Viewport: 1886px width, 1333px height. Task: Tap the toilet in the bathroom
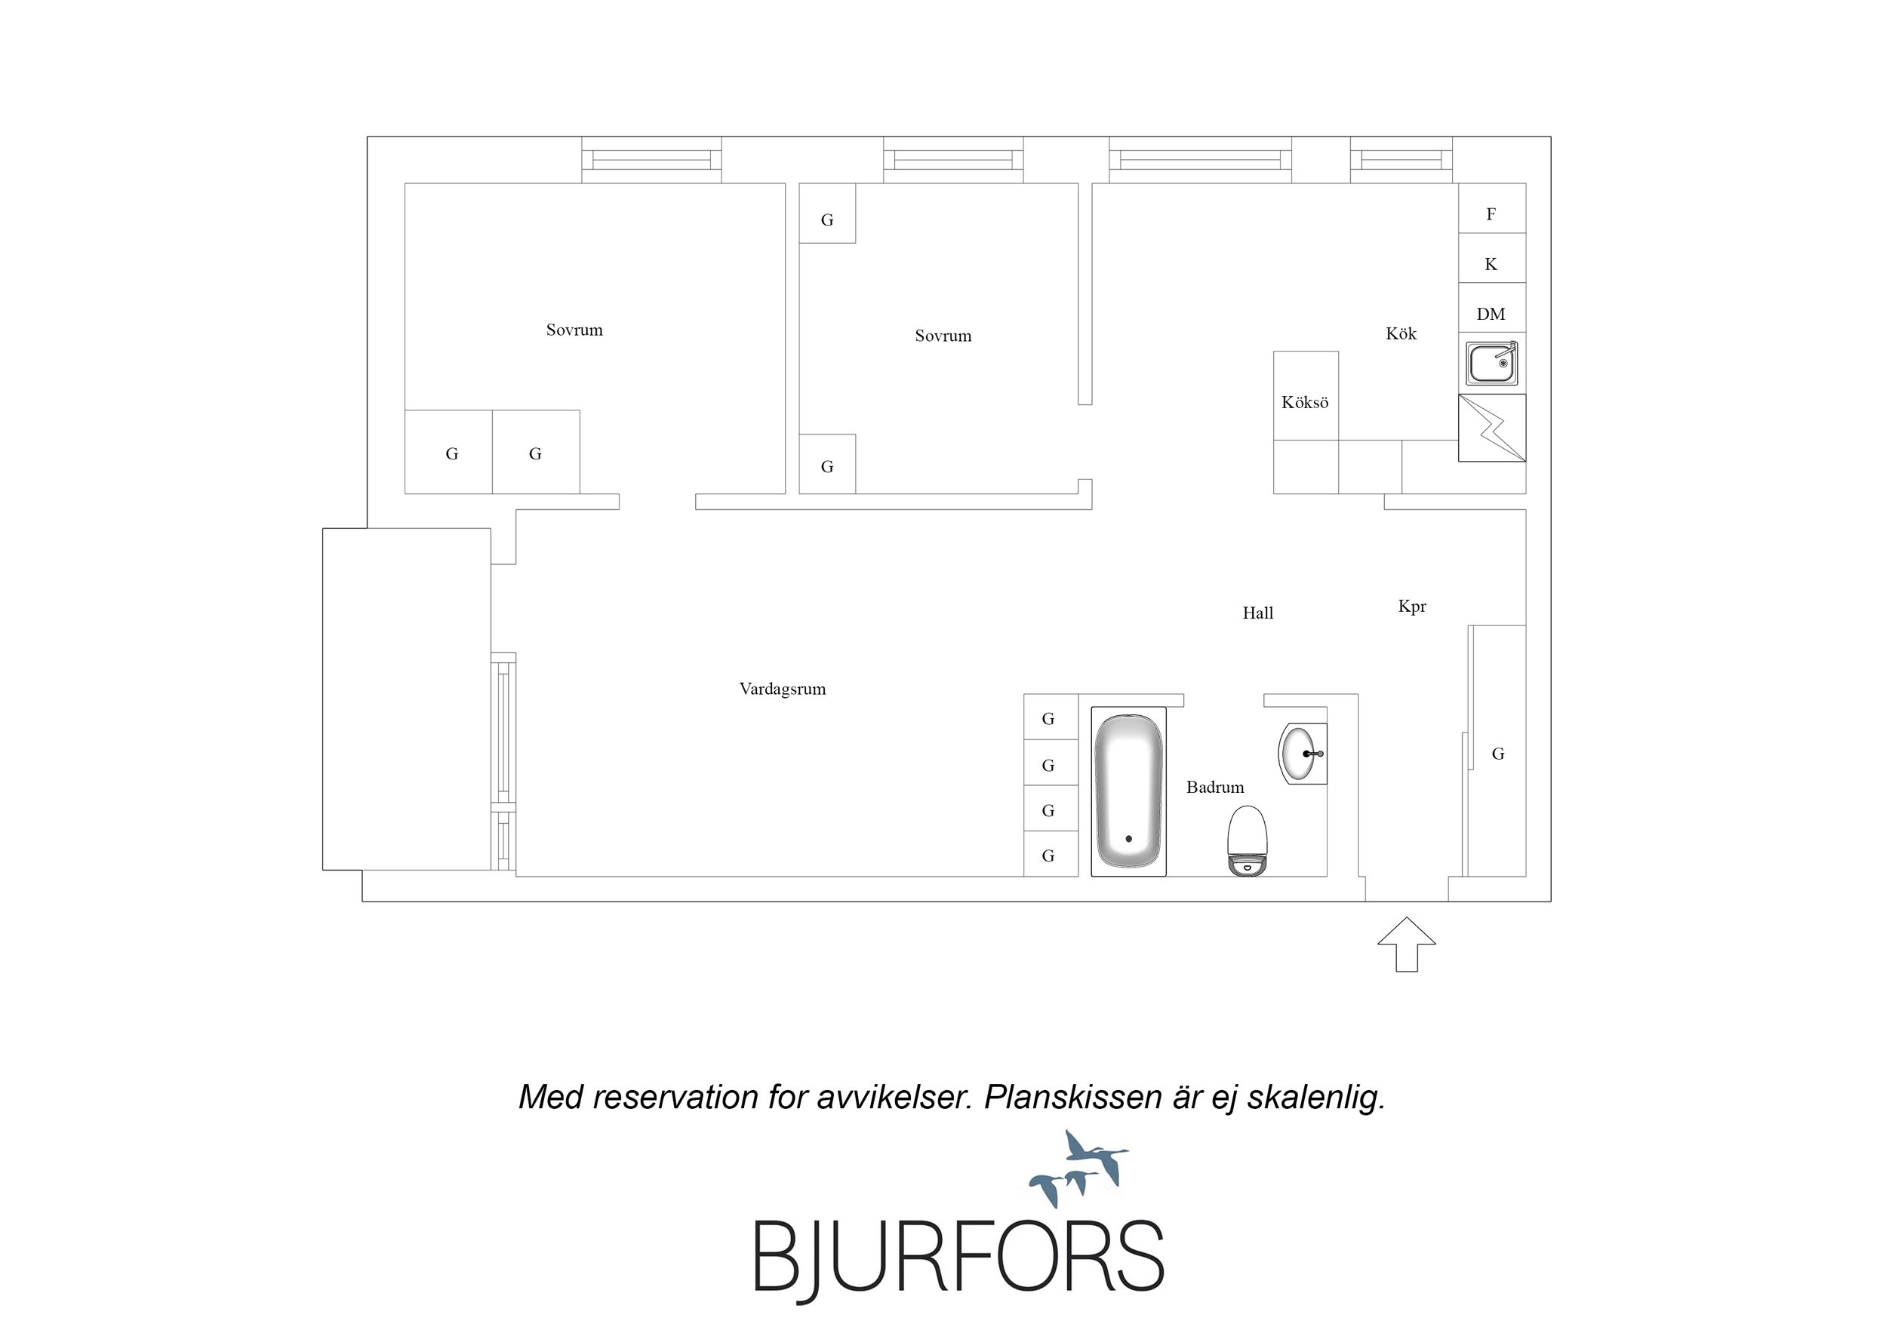pyautogui.click(x=1246, y=840)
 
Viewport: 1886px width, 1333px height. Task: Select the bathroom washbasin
pyautogui.click(x=1303, y=753)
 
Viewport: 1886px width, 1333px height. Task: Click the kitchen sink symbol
pyautogui.click(x=1492, y=363)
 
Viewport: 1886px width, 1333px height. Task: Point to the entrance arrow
pyautogui.click(x=1406, y=944)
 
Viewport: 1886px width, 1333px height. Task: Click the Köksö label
pyautogui.click(x=1304, y=402)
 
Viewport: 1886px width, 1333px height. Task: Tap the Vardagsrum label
pyautogui.click(x=782, y=689)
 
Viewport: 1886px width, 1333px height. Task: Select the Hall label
pyautogui.click(x=1257, y=613)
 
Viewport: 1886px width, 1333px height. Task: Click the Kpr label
pyautogui.click(x=1412, y=606)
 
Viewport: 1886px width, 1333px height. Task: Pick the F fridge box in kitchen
pyautogui.click(x=1492, y=209)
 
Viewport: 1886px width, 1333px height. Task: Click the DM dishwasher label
pyautogui.click(x=1491, y=314)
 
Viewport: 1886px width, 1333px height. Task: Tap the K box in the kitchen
pyautogui.click(x=1492, y=259)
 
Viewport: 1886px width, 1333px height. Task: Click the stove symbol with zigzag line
pyautogui.click(x=1492, y=428)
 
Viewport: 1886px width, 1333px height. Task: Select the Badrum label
pyautogui.click(x=1215, y=787)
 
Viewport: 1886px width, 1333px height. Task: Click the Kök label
pyautogui.click(x=1401, y=333)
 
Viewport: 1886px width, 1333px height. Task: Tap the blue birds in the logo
pyautogui.click(x=1078, y=1169)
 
